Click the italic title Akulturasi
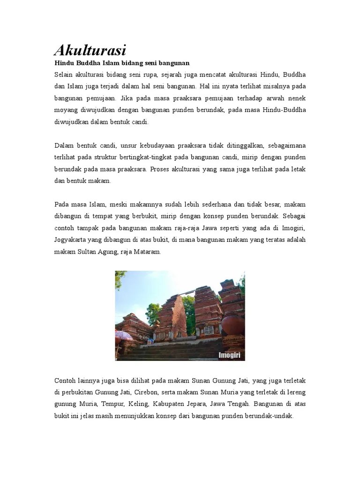(90, 50)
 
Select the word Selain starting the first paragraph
(64, 75)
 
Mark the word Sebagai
(293, 216)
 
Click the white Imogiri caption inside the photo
(229, 355)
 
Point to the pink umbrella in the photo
(124, 336)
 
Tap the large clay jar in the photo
(233, 326)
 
